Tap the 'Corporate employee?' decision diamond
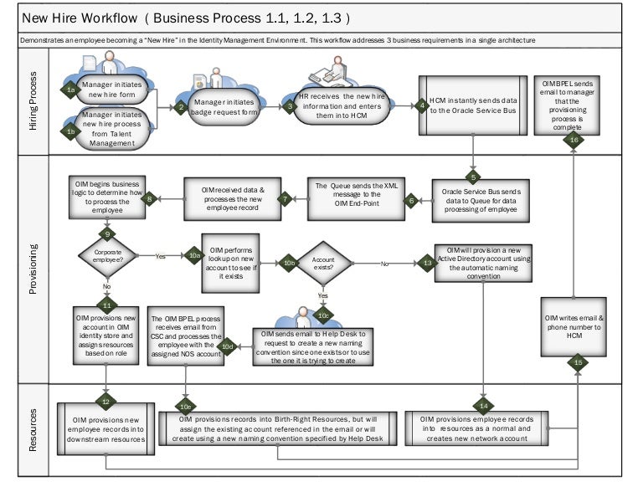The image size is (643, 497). point(107,255)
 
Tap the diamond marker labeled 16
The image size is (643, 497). point(574,141)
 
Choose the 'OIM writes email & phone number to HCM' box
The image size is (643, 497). point(574,325)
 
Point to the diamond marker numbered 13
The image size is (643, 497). point(427,263)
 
